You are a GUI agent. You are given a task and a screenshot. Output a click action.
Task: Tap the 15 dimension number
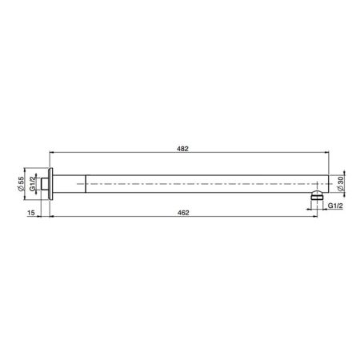30,212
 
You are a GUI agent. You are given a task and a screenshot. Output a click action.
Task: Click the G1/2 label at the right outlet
335,206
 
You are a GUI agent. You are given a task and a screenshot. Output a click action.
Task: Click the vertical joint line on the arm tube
85,183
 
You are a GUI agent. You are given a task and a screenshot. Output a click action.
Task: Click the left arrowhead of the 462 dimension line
52,216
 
